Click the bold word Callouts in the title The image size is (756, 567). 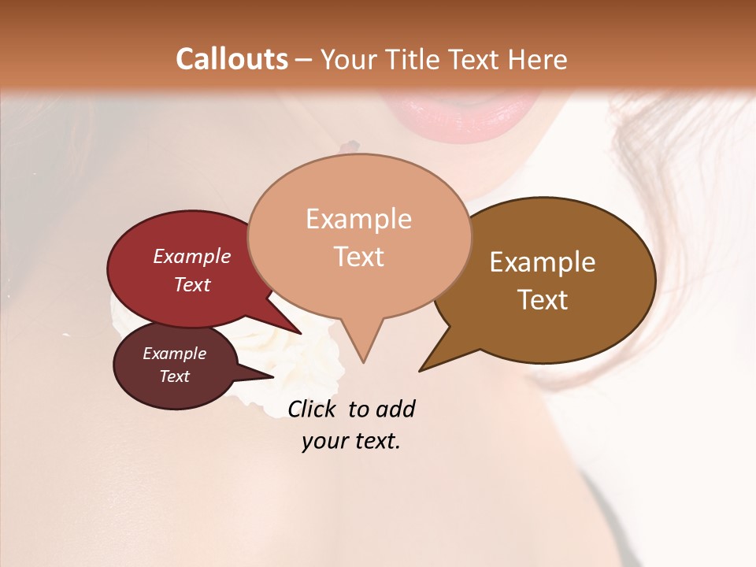[x=232, y=59]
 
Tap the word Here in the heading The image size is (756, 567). [x=536, y=59]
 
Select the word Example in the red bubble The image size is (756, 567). [x=191, y=256]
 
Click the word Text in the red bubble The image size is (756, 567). [x=191, y=284]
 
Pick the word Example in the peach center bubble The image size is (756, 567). [x=358, y=219]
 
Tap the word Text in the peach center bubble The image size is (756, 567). [x=358, y=257]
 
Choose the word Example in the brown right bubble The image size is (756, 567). [x=543, y=262]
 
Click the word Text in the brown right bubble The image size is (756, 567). [x=543, y=300]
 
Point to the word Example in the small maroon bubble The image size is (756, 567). [x=174, y=354]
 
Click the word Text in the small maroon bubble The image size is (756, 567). [x=174, y=376]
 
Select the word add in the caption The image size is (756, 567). [x=396, y=409]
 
